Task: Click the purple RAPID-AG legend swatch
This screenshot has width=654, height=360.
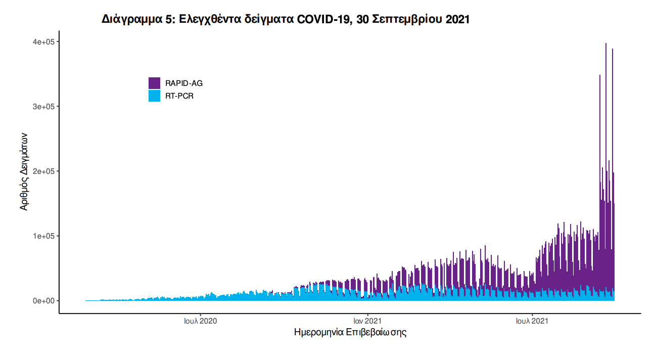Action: click(x=154, y=83)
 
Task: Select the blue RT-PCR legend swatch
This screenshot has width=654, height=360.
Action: click(x=154, y=96)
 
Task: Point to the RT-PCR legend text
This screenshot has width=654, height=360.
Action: click(x=179, y=96)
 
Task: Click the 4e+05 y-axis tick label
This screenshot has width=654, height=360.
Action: click(x=44, y=41)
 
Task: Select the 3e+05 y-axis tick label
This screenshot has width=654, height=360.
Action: click(x=44, y=107)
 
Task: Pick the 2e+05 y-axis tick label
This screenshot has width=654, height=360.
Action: click(x=44, y=171)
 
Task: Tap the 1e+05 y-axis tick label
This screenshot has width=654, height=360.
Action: click(x=44, y=236)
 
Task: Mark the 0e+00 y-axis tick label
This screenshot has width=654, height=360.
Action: click(x=44, y=301)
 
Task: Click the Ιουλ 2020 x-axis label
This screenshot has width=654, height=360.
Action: click(x=201, y=321)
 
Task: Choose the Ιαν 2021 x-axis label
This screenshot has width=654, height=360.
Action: click(x=367, y=321)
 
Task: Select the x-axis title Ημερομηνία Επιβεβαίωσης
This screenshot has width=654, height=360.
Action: click(x=350, y=333)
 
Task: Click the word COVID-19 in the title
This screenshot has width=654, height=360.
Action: click(x=323, y=20)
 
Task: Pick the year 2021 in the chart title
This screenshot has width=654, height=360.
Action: click(x=458, y=20)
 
